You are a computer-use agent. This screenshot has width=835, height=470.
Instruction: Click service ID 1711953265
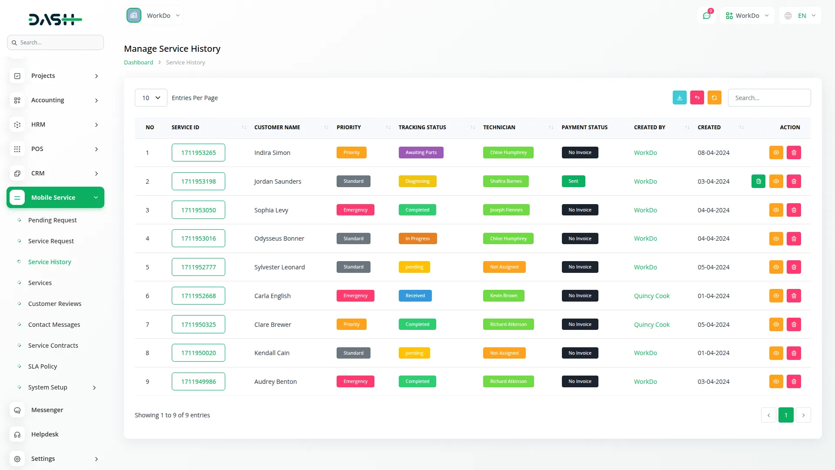198,153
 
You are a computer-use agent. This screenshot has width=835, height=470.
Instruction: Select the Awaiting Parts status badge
421,153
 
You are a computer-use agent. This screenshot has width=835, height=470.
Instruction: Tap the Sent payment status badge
573,181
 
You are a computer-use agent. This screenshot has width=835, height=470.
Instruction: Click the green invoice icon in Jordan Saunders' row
758,181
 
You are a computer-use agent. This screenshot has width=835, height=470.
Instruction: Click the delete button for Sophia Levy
794,210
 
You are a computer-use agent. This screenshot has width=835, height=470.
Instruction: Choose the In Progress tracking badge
417,238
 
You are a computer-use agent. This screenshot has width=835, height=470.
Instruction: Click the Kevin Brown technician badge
503,296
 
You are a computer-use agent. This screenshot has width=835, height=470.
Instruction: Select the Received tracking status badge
415,296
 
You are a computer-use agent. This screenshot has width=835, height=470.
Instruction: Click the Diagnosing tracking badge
417,181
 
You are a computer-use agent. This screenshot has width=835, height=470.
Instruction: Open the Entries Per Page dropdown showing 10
151,98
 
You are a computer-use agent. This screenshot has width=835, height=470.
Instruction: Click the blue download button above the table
679,98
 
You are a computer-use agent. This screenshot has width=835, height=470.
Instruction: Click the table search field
769,98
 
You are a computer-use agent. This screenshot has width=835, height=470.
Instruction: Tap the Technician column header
499,128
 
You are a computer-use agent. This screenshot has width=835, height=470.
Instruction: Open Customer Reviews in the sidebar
55,304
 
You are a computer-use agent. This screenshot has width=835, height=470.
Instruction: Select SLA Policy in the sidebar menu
43,366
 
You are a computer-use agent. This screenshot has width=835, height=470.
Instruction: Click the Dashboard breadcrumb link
138,63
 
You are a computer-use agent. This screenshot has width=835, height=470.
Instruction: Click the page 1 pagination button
785,415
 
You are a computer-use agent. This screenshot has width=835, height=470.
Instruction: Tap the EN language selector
801,16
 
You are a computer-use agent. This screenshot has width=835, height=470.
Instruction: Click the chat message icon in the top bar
707,16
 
